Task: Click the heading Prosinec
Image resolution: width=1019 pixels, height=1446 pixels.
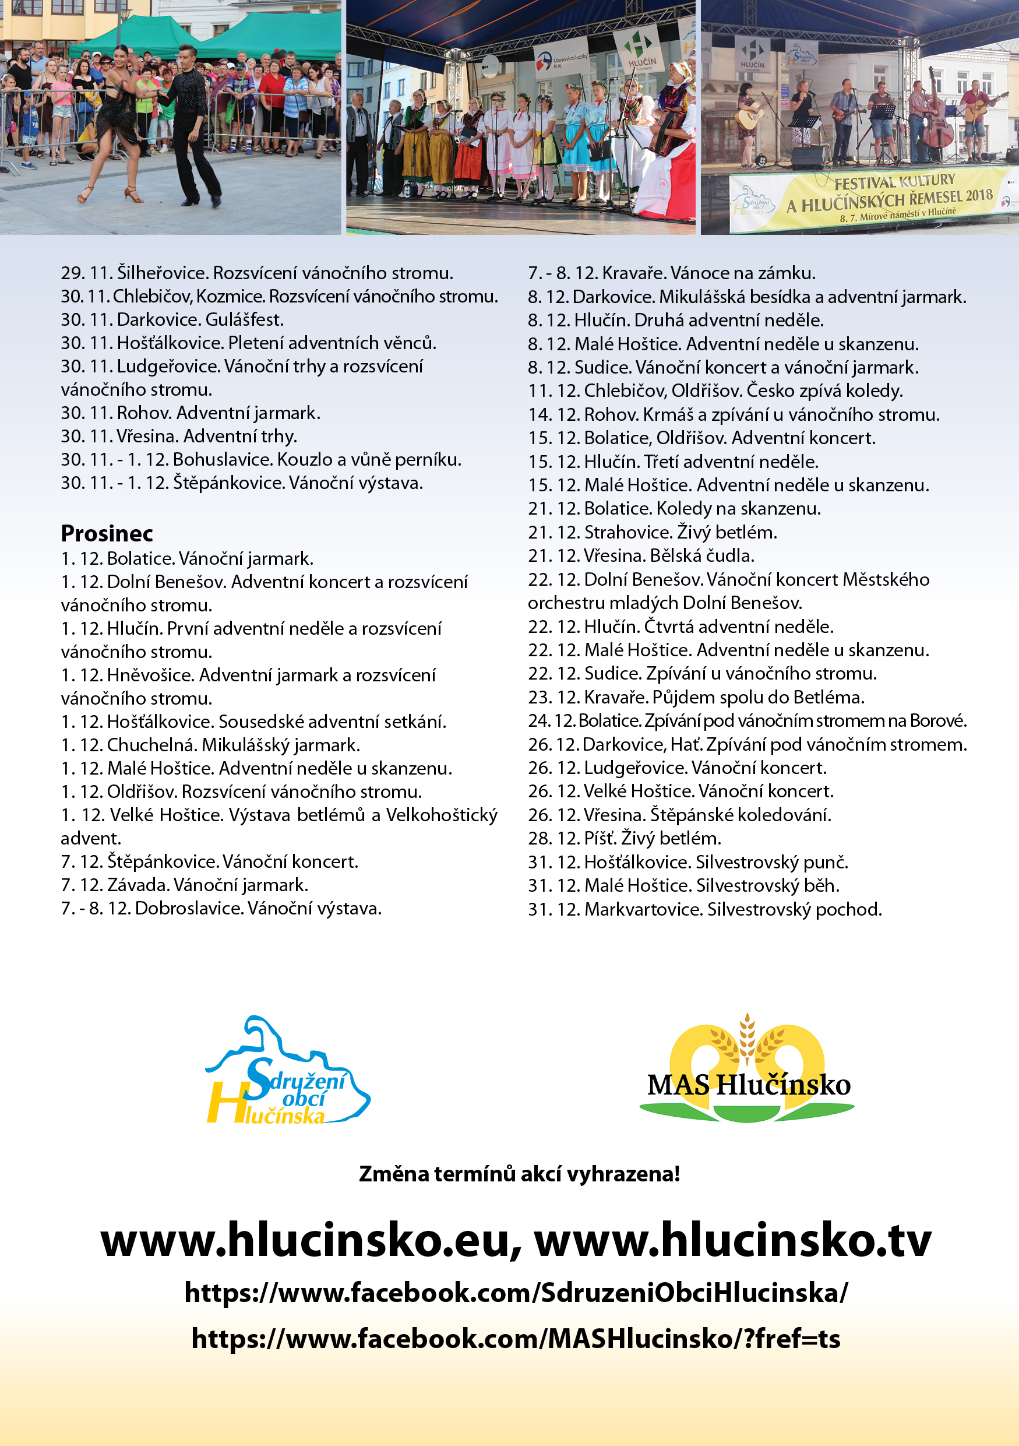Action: tap(107, 533)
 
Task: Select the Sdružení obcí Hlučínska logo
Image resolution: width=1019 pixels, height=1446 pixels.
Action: tap(288, 1071)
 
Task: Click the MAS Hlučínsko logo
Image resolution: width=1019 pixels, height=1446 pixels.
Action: tap(747, 1071)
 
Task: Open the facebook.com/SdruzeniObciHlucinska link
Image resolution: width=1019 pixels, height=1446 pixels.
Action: tap(516, 1293)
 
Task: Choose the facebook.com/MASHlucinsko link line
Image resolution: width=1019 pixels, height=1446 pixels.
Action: tap(516, 1338)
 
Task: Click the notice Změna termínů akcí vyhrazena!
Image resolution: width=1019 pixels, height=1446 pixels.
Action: tap(519, 1174)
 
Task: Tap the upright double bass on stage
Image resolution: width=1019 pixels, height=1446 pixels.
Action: tap(938, 123)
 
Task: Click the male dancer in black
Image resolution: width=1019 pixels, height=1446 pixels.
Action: tap(192, 126)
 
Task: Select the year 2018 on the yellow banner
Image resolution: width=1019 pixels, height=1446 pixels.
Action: tap(979, 195)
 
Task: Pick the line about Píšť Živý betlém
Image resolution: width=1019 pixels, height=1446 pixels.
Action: tap(625, 838)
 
